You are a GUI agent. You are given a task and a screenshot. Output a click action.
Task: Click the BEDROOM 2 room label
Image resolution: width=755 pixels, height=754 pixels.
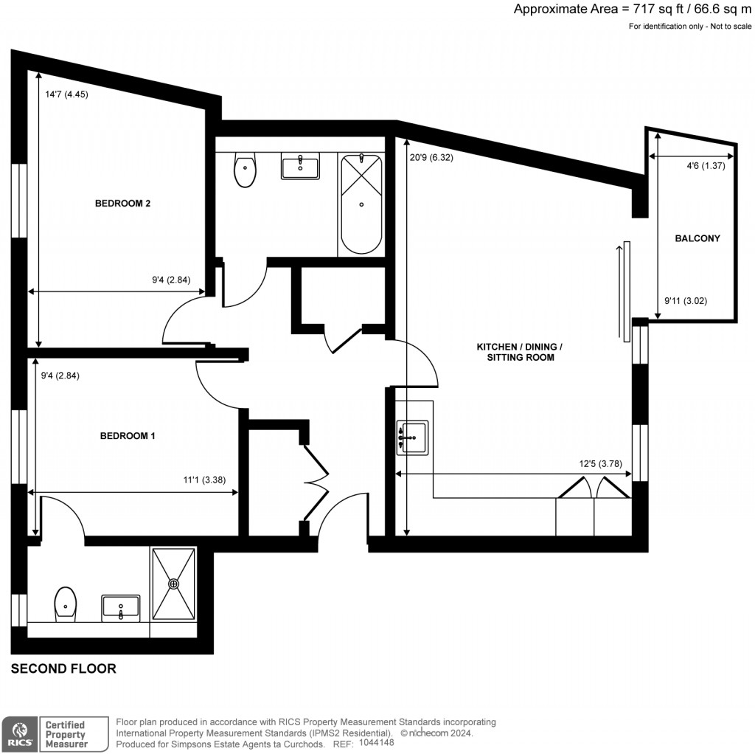122,204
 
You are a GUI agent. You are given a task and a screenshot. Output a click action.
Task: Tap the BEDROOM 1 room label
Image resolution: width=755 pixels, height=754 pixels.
128,436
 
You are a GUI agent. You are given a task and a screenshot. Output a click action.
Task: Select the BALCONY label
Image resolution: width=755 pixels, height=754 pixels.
697,238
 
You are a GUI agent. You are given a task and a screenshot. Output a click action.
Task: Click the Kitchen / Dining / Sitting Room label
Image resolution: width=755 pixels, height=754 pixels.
520,352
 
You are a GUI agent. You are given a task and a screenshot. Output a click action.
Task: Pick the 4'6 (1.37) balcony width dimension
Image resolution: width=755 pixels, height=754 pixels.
706,166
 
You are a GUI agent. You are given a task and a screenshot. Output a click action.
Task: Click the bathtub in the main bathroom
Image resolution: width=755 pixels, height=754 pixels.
361,204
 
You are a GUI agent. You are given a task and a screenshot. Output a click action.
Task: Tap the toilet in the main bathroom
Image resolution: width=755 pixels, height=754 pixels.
245,170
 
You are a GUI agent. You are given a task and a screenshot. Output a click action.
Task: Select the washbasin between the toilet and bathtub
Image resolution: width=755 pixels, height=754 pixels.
300,167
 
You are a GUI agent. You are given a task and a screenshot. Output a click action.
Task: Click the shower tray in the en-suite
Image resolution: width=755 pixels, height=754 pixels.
174,584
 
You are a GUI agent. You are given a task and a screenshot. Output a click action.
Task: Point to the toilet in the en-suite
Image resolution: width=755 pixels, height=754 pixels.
65,604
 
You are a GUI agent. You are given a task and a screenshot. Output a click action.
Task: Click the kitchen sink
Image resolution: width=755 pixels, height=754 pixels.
412,437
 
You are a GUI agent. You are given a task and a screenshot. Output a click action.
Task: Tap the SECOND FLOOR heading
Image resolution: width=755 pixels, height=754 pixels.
63,669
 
